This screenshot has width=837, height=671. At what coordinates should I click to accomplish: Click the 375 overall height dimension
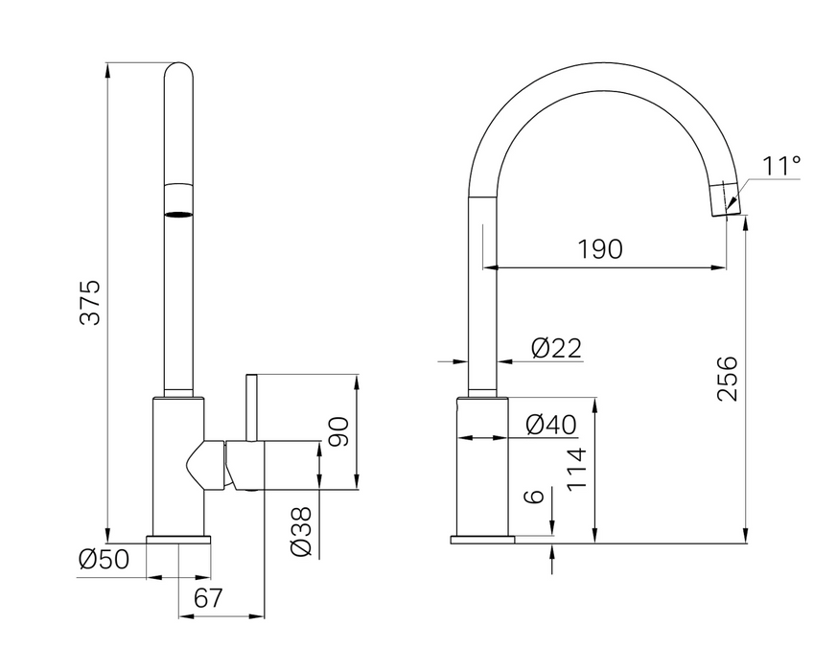tap(90, 302)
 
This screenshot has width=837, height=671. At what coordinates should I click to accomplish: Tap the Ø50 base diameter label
tap(105, 560)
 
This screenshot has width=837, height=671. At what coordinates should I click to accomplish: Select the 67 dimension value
tap(208, 598)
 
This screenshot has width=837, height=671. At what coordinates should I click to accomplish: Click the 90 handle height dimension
tap(338, 432)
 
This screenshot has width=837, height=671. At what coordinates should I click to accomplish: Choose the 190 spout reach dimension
tap(600, 249)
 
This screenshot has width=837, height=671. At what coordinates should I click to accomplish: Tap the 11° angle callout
tap(780, 166)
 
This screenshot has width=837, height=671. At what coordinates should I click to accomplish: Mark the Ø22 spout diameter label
tap(556, 348)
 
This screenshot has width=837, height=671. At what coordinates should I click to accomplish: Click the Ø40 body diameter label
tap(551, 425)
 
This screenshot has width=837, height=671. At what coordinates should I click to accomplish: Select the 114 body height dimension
tap(576, 470)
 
